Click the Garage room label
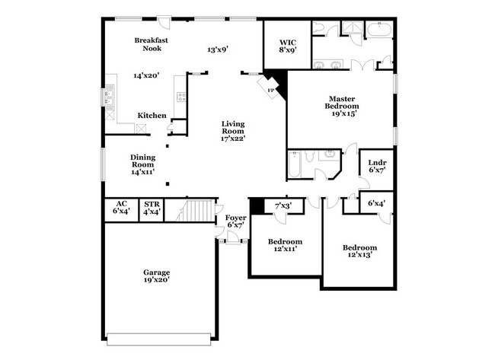click(x=157, y=272)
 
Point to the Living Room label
click(x=233, y=129)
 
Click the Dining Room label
click(x=143, y=161)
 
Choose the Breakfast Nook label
click(x=152, y=44)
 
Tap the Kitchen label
click(x=152, y=116)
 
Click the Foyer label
click(x=236, y=218)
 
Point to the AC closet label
click(x=121, y=203)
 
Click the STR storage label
click(x=152, y=203)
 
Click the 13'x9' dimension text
click(x=219, y=49)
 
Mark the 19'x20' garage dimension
click(x=157, y=279)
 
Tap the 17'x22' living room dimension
click(x=233, y=138)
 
